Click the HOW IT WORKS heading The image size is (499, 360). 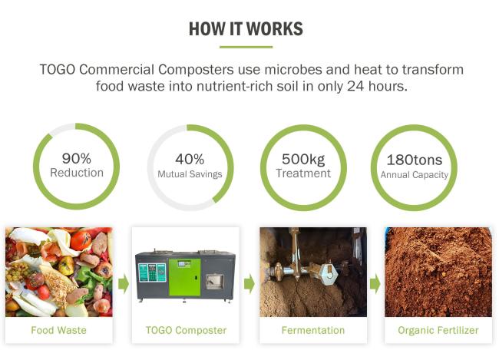pyautogui.click(x=246, y=29)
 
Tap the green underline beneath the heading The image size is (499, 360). pyautogui.click(x=246, y=47)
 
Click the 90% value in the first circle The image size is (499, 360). pyautogui.click(x=76, y=158)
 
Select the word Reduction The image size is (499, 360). pyautogui.click(x=77, y=173)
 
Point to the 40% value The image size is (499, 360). pyautogui.click(x=190, y=159)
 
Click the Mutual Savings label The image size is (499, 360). pyautogui.click(x=190, y=174)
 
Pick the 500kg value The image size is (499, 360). pyautogui.click(x=303, y=159)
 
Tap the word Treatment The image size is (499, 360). pyautogui.click(x=303, y=173)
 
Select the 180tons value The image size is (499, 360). pyautogui.click(x=415, y=160)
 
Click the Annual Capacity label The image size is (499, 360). pyautogui.click(x=415, y=175)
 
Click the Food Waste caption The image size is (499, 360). pyautogui.click(x=58, y=330)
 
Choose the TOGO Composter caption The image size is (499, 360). pyautogui.click(x=186, y=330)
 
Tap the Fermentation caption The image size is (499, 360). pyautogui.click(x=313, y=330)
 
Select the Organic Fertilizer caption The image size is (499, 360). pyautogui.click(x=438, y=330)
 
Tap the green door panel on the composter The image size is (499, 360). pyautogui.click(x=184, y=277)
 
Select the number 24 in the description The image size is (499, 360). pyautogui.click(x=355, y=86)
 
